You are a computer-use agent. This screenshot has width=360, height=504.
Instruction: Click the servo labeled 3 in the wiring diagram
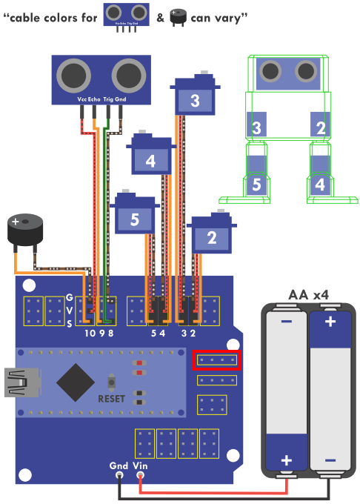tap(195, 93)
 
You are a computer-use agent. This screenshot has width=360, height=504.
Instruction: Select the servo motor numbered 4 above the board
tap(151, 153)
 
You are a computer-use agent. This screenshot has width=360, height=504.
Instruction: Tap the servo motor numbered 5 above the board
tap(135, 211)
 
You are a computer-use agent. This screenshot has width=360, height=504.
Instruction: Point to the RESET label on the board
tap(111, 399)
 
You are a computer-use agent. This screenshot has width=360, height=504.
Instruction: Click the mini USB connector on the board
tap(21, 382)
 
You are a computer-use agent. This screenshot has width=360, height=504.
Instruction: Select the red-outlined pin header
tap(217, 360)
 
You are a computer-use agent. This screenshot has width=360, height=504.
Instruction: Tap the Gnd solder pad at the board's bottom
tap(119, 475)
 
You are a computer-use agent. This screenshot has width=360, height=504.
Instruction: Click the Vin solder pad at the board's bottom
tap(140, 475)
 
